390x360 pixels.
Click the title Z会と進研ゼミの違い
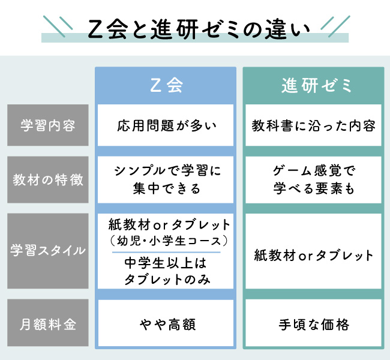tap(199, 29)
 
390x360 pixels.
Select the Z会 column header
tap(166, 85)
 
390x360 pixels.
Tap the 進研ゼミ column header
tap(316, 85)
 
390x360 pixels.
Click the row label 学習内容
tap(48, 125)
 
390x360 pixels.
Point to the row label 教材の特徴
tap(48, 179)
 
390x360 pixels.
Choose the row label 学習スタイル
tap(48, 251)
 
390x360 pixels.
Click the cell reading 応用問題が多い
tap(166, 125)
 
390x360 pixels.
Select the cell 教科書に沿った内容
tap(313, 125)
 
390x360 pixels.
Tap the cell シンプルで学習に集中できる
tap(166, 179)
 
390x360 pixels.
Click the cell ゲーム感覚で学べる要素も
tap(313, 179)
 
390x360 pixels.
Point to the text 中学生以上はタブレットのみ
tap(167, 271)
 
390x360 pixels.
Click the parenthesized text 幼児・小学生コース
tap(169, 241)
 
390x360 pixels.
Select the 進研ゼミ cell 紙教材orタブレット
tap(313, 255)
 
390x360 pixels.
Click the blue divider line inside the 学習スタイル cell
tap(166, 252)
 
